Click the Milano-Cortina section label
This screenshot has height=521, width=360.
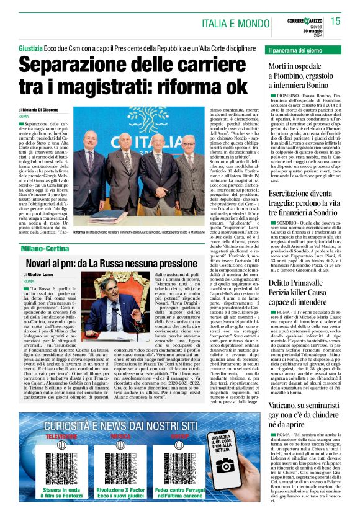tap(45, 248)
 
